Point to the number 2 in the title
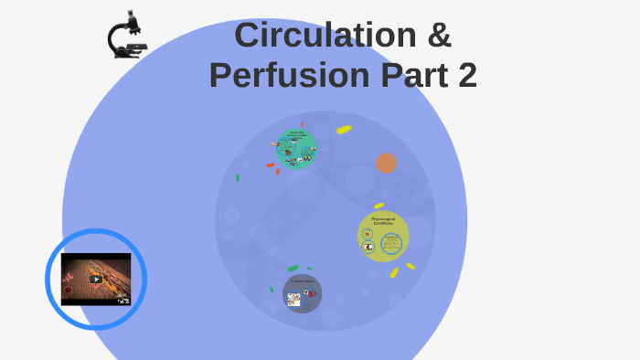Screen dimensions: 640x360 coord(466,75)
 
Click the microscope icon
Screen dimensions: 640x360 coord(126,36)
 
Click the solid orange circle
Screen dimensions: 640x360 coord(387,163)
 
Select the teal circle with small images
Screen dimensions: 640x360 coord(297,149)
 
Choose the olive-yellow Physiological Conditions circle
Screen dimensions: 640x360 coord(383,236)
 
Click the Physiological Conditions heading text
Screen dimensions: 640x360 coord(383,221)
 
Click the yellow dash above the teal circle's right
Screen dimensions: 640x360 coord(344,130)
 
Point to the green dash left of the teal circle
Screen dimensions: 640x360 coord(238,178)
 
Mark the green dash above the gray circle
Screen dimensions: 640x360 coord(293,268)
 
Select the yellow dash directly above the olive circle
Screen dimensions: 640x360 coord(379,206)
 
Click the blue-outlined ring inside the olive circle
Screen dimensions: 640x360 coord(392,244)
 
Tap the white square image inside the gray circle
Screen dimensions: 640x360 coord(294,299)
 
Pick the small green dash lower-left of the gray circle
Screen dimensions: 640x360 coord(272,290)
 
